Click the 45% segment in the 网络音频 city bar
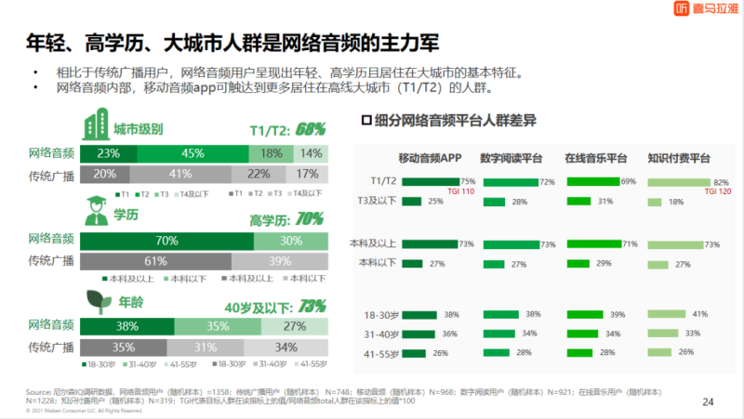[x=193, y=153]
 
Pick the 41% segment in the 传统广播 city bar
[x=179, y=173]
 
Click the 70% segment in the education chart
[x=167, y=241]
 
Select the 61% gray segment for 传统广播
[x=155, y=260]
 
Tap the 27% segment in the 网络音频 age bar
[x=294, y=325]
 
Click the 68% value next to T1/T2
[x=311, y=129]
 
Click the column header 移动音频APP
[x=430, y=157]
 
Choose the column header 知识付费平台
[x=680, y=157]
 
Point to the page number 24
[x=707, y=401]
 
